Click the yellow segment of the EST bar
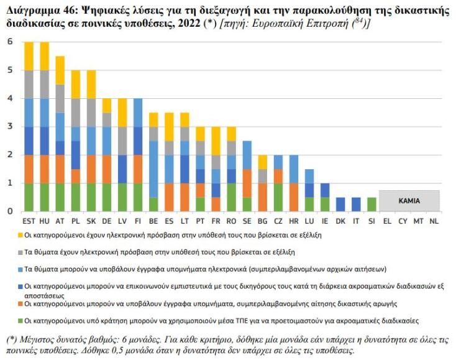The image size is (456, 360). point(29,56)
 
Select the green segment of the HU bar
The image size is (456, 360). point(45,197)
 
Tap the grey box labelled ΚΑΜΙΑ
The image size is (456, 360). point(409,201)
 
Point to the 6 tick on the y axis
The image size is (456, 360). point(9,42)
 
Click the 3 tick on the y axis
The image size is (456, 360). point(9,127)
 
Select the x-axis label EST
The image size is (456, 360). point(29,220)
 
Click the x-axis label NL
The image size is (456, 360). point(434,220)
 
